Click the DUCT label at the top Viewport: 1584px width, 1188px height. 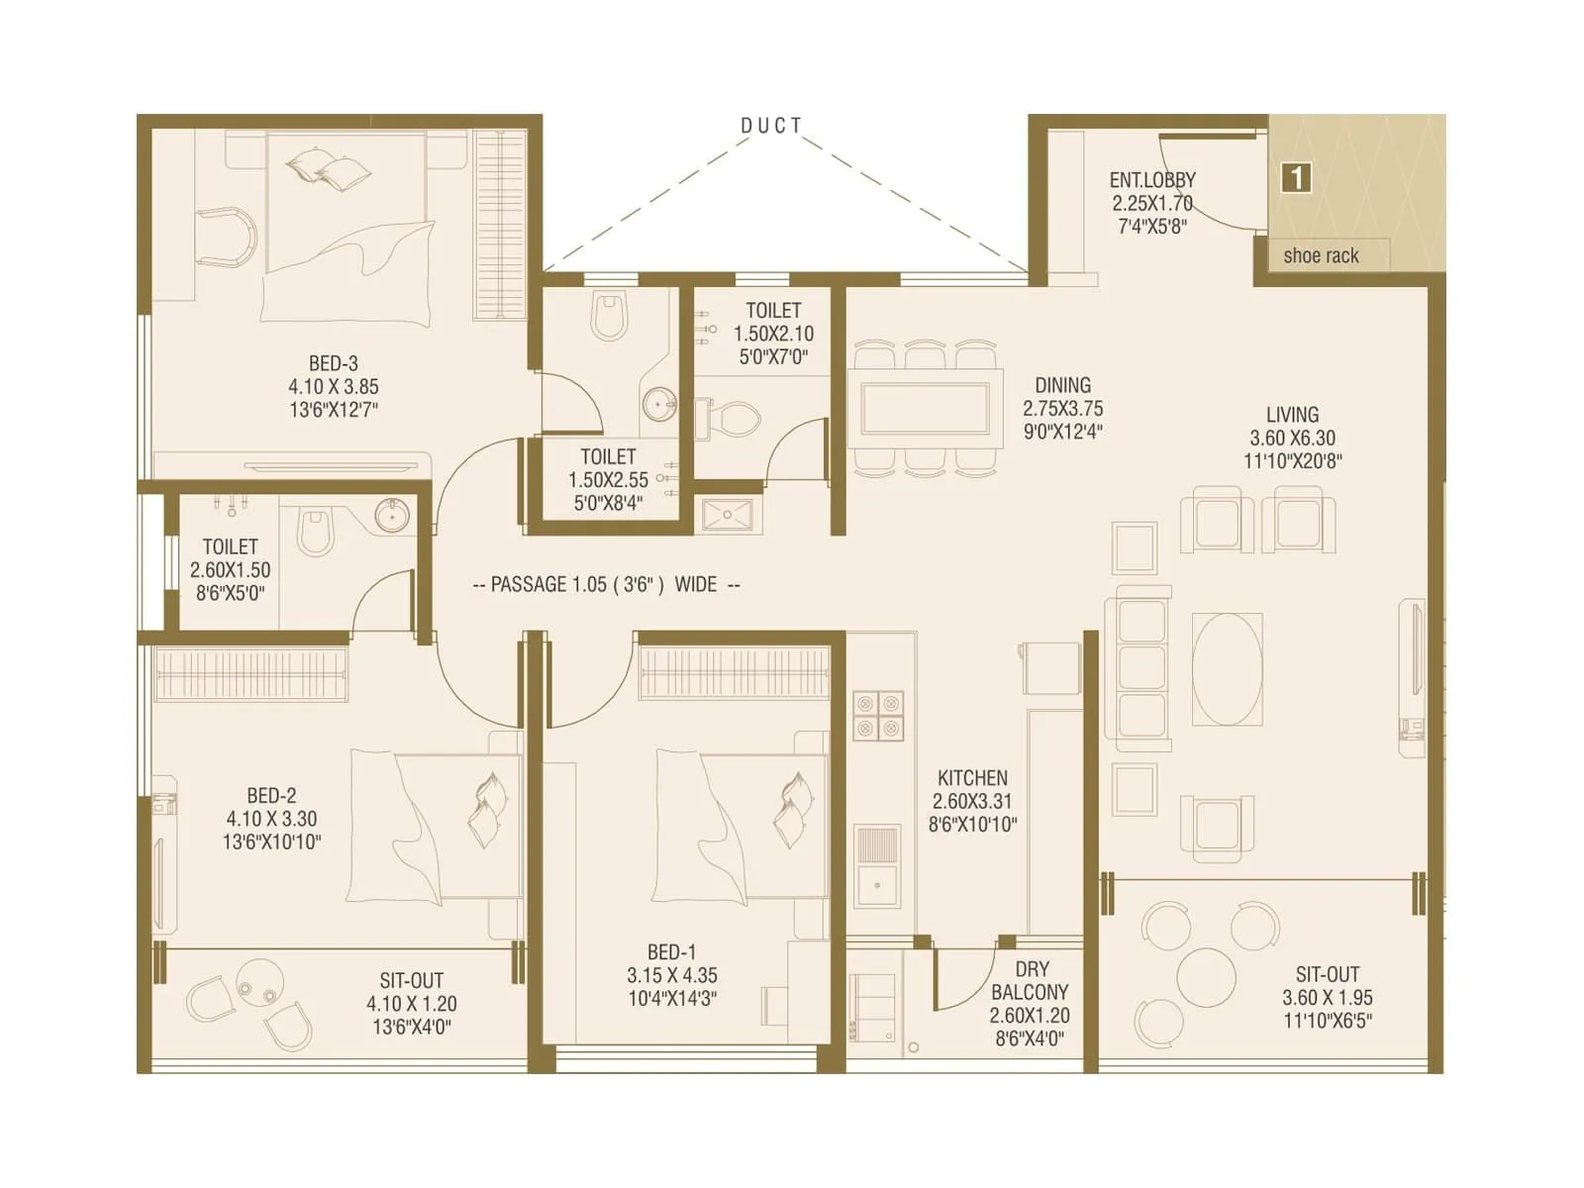pyautogui.click(x=771, y=126)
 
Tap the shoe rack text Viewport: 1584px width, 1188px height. pyautogui.click(x=1321, y=255)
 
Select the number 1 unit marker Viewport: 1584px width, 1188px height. pyautogui.click(x=1296, y=178)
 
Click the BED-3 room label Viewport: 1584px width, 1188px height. pyautogui.click(x=333, y=363)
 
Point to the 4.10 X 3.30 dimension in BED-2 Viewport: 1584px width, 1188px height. pyautogui.click(x=271, y=819)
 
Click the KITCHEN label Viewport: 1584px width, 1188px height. pyautogui.click(x=972, y=778)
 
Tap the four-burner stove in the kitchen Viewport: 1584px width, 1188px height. pyautogui.click(x=878, y=715)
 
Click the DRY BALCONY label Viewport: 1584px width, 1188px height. pyautogui.click(x=1030, y=980)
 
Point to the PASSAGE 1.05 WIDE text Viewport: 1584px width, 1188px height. pyautogui.click(x=606, y=584)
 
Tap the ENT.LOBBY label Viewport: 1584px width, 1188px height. pyautogui.click(x=1152, y=180)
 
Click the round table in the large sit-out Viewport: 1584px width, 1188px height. pyautogui.click(x=1206, y=976)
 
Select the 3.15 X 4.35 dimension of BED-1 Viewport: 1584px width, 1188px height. pyautogui.click(x=671, y=975)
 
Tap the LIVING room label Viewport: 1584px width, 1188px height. pyautogui.click(x=1292, y=415)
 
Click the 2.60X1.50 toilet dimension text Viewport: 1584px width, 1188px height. pyautogui.click(x=230, y=570)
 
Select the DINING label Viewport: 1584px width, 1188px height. pyautogui.click(x=1062, y=385)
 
